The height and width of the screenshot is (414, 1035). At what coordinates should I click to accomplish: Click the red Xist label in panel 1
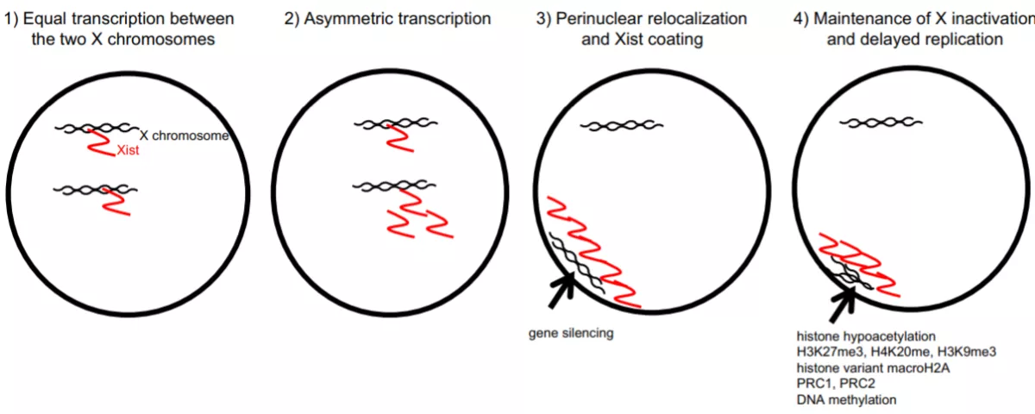128,150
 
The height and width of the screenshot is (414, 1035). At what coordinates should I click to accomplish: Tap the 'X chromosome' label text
184,135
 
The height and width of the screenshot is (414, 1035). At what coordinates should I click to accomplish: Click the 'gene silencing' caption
571,333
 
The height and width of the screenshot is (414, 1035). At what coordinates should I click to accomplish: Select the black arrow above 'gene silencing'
561,290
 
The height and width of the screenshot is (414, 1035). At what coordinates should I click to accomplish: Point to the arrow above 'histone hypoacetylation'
843,304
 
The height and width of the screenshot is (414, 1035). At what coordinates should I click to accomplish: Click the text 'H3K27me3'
830,352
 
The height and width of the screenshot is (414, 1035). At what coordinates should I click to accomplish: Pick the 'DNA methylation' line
846,399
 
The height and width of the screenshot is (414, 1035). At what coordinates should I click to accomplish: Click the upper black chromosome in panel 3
622,125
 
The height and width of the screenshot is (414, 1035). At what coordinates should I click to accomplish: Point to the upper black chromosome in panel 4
881,122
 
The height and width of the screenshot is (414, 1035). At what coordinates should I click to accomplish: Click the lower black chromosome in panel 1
95,190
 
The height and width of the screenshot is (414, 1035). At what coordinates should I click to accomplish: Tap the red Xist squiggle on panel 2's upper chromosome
399,138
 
